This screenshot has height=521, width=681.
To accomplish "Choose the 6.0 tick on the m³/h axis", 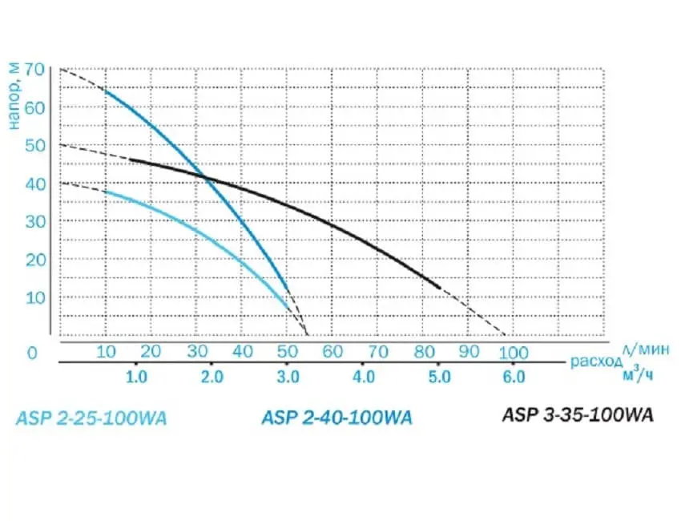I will point(514,377).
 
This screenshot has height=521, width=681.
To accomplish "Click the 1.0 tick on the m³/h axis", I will point(136,377).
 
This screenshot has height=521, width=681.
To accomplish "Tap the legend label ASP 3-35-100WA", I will point(578,415).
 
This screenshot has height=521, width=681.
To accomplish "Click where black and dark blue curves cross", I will point(206,177).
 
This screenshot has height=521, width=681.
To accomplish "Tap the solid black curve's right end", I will point(440,286).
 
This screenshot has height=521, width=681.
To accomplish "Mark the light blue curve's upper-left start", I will point(104,192).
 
